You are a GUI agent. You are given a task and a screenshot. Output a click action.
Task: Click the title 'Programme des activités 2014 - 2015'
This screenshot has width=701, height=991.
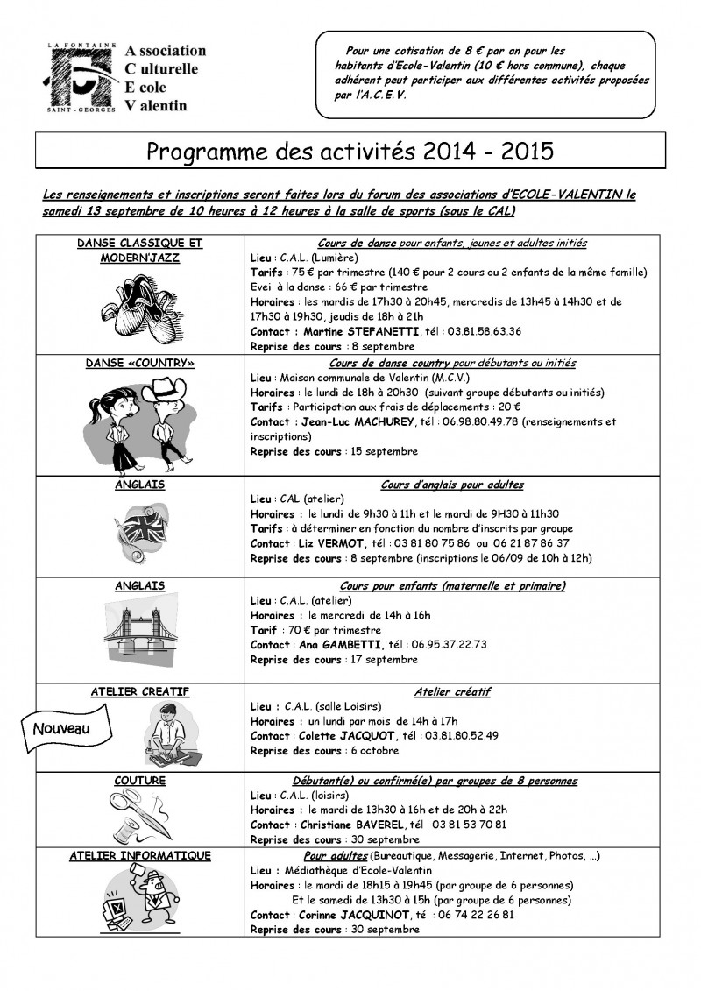pos(350,151)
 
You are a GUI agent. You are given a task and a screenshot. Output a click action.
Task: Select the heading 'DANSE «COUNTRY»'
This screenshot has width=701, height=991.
pos(140,363)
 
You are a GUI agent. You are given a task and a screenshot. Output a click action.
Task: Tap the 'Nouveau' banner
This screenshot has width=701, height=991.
pos(61,728)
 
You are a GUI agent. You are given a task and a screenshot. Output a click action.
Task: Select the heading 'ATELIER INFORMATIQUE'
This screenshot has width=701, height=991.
pos(140,856)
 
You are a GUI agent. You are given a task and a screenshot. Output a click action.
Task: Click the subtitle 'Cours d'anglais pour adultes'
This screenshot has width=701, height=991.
pos(452,485)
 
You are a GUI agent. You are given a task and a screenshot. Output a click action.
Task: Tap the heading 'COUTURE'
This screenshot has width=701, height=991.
pos(140,780)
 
